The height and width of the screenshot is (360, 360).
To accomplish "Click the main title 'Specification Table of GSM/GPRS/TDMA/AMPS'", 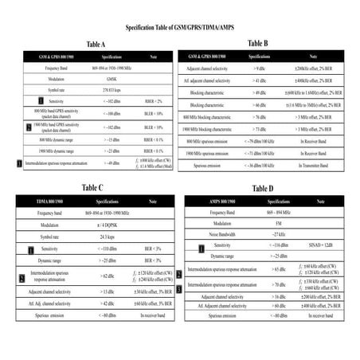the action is pyautogui.click(x=180, y=29).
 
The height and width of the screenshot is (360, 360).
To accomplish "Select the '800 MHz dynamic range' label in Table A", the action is pyautogui.click(x=55, y=139).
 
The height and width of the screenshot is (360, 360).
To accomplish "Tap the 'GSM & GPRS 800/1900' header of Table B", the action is pyautogui.click(x=210, y=58).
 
